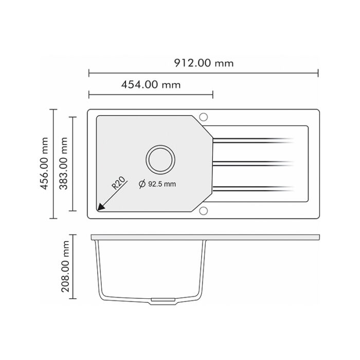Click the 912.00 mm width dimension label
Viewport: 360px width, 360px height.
[203, 63]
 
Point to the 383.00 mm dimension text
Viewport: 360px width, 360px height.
[64, 164]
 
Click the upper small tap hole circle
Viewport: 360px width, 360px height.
[203, 116]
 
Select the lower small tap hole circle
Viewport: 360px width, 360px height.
[203, 210]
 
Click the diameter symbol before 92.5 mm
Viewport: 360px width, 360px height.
[142, 184]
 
